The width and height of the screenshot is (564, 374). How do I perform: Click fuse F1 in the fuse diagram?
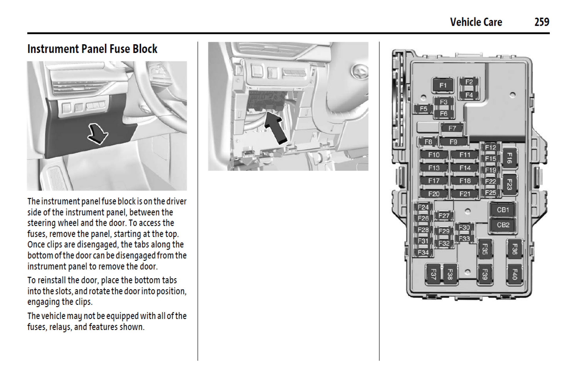[x=443, y=85]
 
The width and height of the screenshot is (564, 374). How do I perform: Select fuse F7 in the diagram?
[x=452, y=129]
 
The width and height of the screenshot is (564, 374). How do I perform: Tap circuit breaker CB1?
[x=503, y=210]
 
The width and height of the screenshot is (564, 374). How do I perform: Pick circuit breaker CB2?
[x=503, y=225]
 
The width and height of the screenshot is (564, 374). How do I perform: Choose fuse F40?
[x=514, y=274]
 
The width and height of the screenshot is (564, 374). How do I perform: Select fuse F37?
[x=433, y=274]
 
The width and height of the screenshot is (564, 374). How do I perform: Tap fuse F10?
[x=434, y=155]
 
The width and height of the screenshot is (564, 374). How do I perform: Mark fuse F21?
[x=465, y=194]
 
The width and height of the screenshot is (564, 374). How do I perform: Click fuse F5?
[x=423, y=109]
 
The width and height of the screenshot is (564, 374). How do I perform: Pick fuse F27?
[x=444, y=216]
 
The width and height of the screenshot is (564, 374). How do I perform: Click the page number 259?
[x=542, y=22]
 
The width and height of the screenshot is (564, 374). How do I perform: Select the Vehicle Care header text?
[x=476, y=22]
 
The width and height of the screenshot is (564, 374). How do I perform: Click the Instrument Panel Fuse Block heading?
[x=92, y=49]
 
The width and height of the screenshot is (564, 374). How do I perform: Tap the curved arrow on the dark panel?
[x=98, y=133]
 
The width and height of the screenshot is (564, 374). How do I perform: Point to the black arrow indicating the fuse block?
[x=276, y=128]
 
